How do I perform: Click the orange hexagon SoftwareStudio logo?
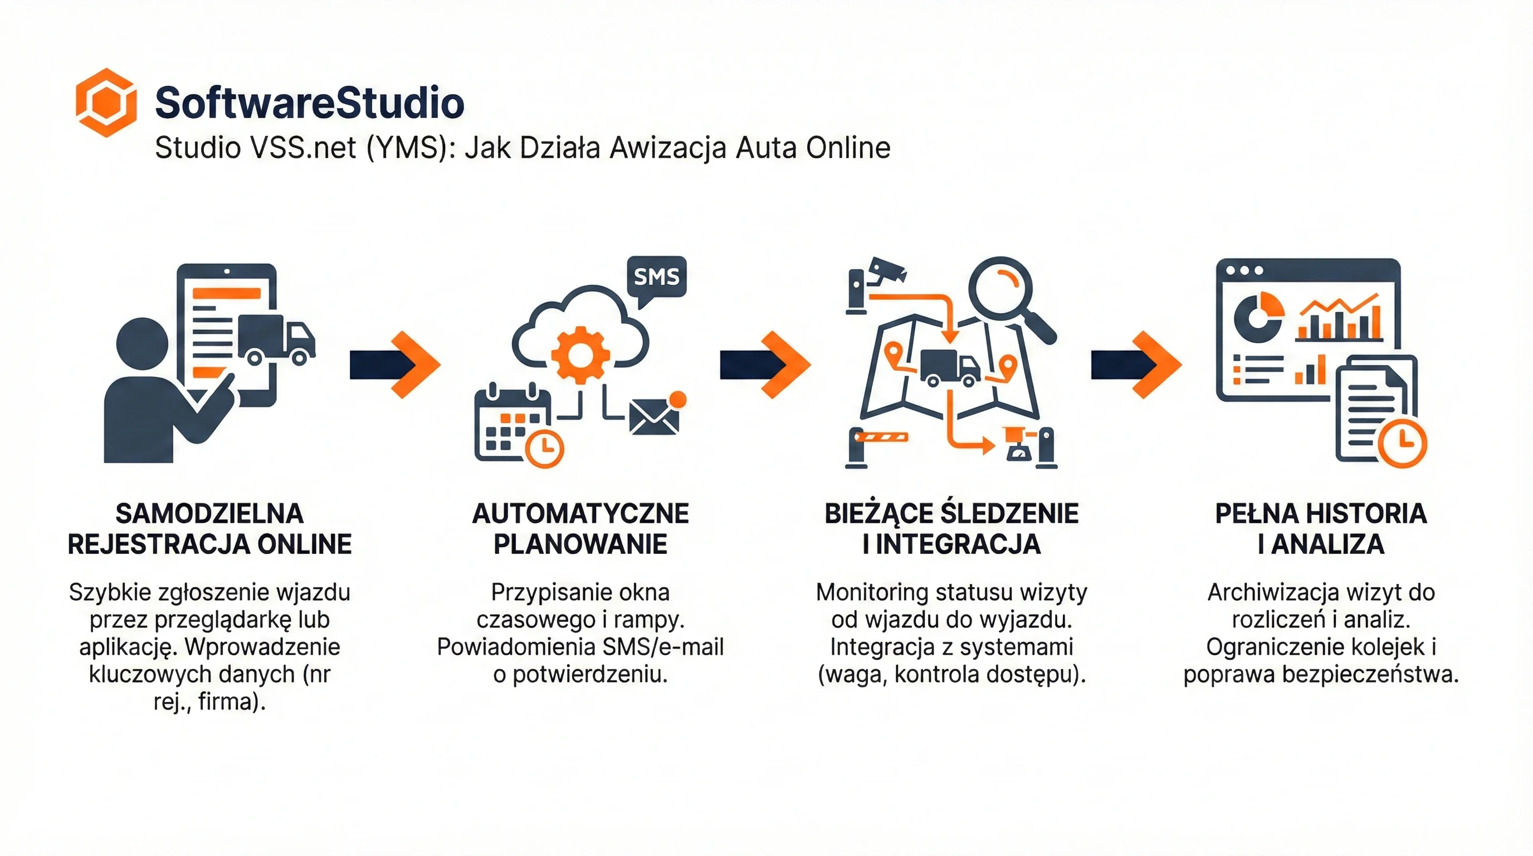(106, 103)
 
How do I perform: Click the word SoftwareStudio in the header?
(310, 103)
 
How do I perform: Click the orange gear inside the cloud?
(580, 355)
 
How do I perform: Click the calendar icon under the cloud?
(512, 424)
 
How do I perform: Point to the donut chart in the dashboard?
(1258, 315)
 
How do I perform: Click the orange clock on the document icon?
(1402, 443)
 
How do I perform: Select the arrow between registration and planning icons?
(395, 364)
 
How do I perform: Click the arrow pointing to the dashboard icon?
(1136, 364)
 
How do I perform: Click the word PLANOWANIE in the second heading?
(580, 544)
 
